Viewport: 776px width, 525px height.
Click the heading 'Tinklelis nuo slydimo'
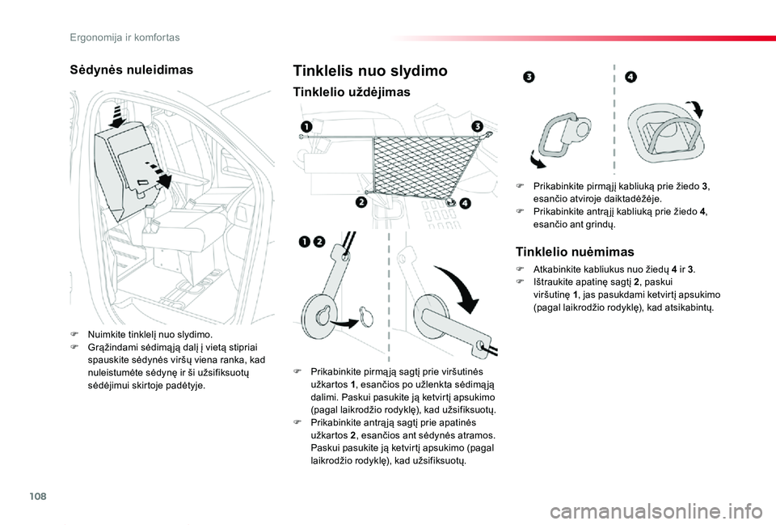coord(370,71)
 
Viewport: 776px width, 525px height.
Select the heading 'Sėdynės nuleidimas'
coord(132,70)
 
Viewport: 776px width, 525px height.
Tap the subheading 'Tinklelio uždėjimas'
coord(352,92)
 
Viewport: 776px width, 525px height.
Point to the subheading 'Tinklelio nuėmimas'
coord(575,252)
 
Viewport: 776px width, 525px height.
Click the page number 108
coord(38,496)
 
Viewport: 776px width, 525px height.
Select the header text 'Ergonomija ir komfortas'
coord(124,37)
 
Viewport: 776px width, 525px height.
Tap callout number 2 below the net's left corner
coord(361,202)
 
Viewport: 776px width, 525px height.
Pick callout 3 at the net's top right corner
coord(477,126)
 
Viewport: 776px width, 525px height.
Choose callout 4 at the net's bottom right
coord(465,204)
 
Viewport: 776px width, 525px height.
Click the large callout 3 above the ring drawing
coord(529,77)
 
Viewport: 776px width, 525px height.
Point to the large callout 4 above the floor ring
coord(631,77)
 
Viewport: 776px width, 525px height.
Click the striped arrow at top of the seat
coord(120,116)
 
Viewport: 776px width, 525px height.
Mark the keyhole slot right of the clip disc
coord(366,316)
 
